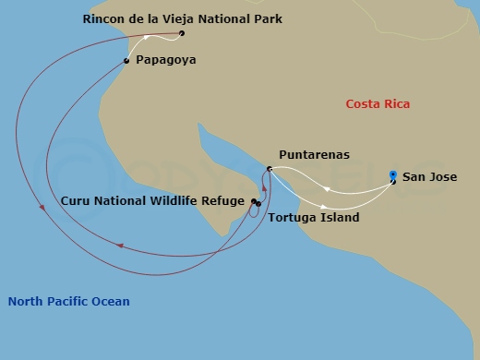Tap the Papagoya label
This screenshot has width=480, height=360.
(165, 60)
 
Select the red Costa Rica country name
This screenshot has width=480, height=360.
(378, 104)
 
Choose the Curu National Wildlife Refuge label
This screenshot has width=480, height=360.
(152, 200)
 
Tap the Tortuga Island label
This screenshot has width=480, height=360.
(313, 218)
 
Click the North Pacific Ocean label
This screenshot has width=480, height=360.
(68, 302)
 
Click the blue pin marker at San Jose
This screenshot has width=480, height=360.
(393, 175)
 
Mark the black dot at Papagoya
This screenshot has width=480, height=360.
(126, 61)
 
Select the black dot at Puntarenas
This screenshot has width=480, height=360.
(269, 169)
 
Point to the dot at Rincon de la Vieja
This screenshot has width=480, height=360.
(182, 34)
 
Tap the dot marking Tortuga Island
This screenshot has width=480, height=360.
(259, 204)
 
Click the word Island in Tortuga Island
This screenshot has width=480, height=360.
(341, 218)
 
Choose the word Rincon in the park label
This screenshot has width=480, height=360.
(103, 19)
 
